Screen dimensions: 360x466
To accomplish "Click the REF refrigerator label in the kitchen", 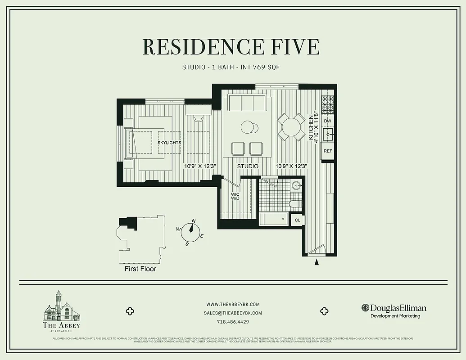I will tap(328, 151).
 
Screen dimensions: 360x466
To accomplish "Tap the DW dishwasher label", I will tap(328, 121).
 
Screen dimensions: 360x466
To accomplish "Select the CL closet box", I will tap(297, 220).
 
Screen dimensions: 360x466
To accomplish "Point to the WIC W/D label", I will tap(235, 197).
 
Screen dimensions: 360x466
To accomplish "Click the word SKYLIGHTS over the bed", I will tap(169, 143).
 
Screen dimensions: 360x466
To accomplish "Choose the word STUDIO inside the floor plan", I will tap(248, 166).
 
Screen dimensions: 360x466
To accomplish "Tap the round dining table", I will tap(290, 127).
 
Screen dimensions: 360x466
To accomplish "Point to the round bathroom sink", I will tap(297, 185).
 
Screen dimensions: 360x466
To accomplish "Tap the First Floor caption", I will tap(140, 269).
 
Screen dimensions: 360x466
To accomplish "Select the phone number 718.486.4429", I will tap(233, 322).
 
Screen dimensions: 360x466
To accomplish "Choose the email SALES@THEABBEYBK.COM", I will tap(233, 313).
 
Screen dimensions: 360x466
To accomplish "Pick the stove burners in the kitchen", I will tap(328, 105).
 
